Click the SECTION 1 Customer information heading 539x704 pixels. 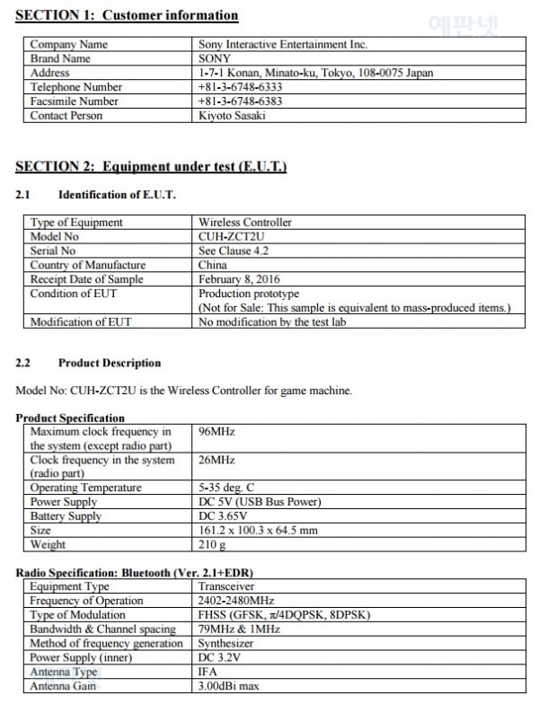[128, 15]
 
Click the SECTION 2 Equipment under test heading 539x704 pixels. [151, 167]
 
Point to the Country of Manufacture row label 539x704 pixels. [88, 265]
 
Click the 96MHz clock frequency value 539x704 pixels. [216, 431]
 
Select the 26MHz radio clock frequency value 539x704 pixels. [216, 460]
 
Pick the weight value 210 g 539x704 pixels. [212, 545]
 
